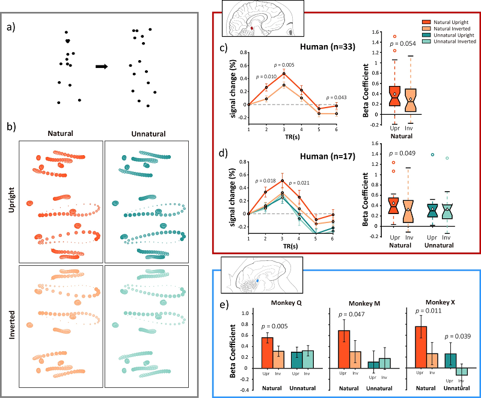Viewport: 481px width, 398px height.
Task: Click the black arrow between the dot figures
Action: [x=102, y=66]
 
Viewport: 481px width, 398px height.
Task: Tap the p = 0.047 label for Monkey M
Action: [x=351, y=314]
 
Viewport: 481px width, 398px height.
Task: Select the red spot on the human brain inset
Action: [x=252, y=26]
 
